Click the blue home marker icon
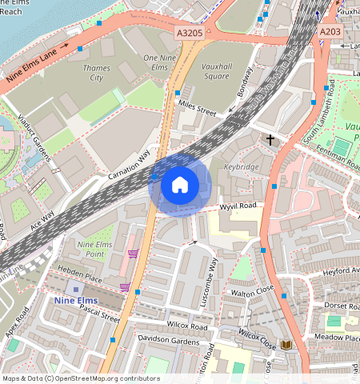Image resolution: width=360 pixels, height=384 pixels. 180,185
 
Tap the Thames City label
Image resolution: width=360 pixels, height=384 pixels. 97,73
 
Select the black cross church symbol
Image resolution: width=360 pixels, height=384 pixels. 270,141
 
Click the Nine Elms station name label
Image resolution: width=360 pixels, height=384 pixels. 77,300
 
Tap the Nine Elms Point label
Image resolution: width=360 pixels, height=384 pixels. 90,248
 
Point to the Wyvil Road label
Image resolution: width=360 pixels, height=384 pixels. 238,207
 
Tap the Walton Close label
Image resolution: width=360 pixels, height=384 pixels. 253,294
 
